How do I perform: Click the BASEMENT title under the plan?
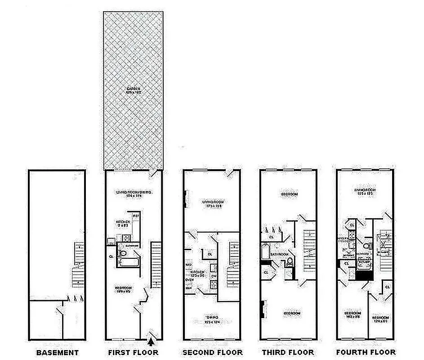(x=57, y=352)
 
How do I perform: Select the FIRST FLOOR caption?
(x=133, y=352)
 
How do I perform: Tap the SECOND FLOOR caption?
(x=212, y=352)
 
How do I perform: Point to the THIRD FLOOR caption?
(x=288, y=352)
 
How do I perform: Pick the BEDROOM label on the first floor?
(x=123, y=288)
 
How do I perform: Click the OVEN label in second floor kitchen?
(x=189, y=279)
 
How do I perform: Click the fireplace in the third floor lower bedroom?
(x=262, y=311)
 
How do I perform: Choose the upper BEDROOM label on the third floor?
(x=289, y=194)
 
